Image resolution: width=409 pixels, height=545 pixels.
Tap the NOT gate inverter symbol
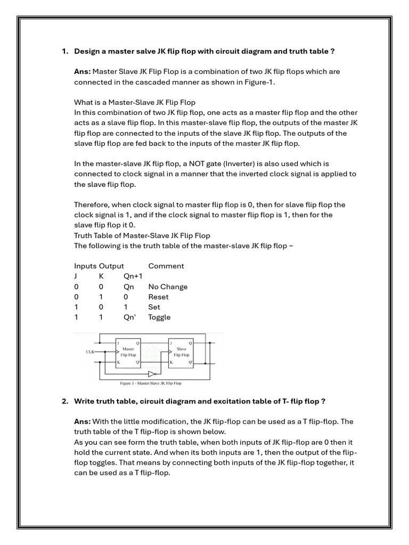[152, 374]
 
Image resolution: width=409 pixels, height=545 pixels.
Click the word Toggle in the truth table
[159, 317]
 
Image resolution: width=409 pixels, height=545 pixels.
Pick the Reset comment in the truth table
[158, 297]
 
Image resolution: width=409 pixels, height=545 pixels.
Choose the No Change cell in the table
[168, 287]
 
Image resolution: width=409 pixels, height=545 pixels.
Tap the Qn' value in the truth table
[130, 317]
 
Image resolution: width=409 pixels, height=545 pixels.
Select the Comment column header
[166, 266]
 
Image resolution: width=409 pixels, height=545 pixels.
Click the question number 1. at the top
[65, 51]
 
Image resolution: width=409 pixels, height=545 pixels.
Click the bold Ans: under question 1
[83, 71]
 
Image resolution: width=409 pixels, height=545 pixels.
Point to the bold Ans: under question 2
[83, 422]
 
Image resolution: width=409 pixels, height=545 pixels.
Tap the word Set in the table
[154, 307]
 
